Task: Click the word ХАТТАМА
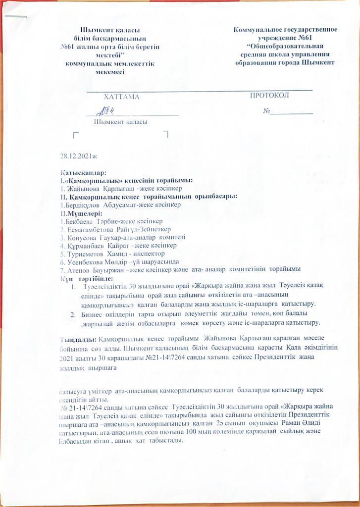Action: click(121, 97)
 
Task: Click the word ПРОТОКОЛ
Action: click(269, 96)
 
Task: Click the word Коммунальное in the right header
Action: click(262, 30)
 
